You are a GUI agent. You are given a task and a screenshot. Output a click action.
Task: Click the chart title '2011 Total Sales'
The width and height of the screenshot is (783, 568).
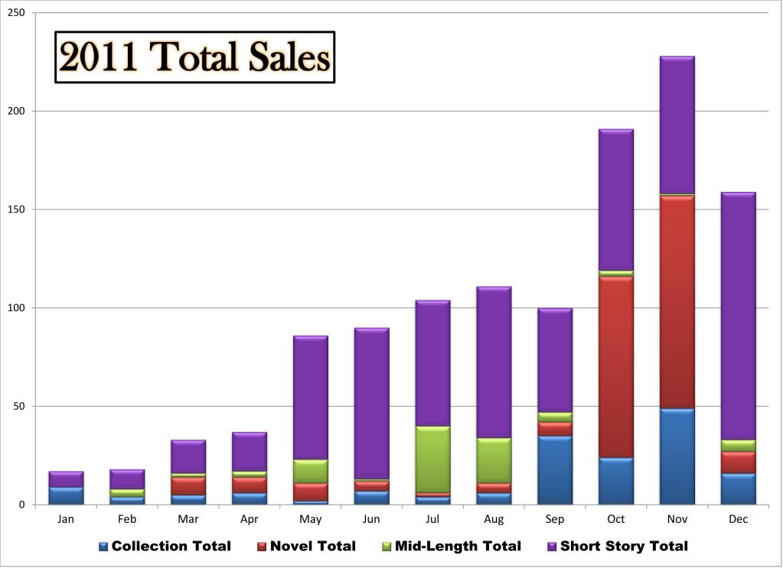click(x=195, y=57)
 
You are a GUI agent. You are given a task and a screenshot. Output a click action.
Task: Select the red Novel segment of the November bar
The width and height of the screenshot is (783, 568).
click(x=677, y=302)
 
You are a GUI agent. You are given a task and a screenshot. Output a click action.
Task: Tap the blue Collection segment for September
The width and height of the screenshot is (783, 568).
click(x=554, y=469)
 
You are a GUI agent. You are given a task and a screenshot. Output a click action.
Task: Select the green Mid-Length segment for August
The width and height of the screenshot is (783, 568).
click(x=494, y=460)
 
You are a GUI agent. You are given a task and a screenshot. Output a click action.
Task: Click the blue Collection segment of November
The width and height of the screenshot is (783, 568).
click(x=677, y=456)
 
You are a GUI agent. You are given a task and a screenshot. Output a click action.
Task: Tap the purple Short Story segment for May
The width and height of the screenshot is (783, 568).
click(x=310, y=398)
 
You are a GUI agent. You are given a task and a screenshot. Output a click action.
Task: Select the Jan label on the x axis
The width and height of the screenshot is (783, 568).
click(x=66, y=520)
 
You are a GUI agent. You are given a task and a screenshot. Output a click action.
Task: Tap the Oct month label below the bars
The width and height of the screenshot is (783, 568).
click(x=615, y=520)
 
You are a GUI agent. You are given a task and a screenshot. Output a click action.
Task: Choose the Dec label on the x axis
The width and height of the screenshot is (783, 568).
click(x=738, y=520)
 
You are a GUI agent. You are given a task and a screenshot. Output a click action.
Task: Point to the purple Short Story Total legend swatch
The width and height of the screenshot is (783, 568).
click(x=553, y=547)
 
